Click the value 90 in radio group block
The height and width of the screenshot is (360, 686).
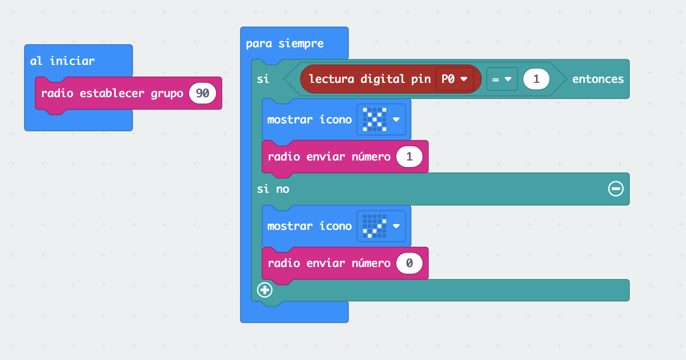(x=202, y=93)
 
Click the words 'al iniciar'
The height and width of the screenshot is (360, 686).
(x=62, y=61)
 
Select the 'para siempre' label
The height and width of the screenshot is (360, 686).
(x=285, y=43)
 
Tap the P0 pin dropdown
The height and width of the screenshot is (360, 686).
(x=454, y=79)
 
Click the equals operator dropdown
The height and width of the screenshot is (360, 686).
(x=502, y=79)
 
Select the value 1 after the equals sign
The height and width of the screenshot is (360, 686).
(x=536, y=79)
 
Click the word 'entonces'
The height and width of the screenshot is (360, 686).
(x=598, y=79)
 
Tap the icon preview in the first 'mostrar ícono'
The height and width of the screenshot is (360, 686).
(x=374, y=120)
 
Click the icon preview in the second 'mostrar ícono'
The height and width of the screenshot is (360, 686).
(x=374, y=226)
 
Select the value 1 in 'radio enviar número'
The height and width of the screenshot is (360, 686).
(x=409, y=157)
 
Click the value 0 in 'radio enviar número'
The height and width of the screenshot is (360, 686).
(x=409, y=263)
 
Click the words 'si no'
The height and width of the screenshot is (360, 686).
(x=273, y=189)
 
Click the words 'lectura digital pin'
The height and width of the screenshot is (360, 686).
(x=370, y=79)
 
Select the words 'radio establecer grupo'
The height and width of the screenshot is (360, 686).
(x=112, y=93)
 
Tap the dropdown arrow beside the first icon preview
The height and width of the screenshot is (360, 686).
(x=396, y=120)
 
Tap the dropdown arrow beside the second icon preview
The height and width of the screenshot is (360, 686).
(x=396, y=226)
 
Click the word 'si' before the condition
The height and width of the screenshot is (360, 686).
(x=263, y=79)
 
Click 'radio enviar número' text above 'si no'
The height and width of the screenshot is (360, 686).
(x=329, y=157)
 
